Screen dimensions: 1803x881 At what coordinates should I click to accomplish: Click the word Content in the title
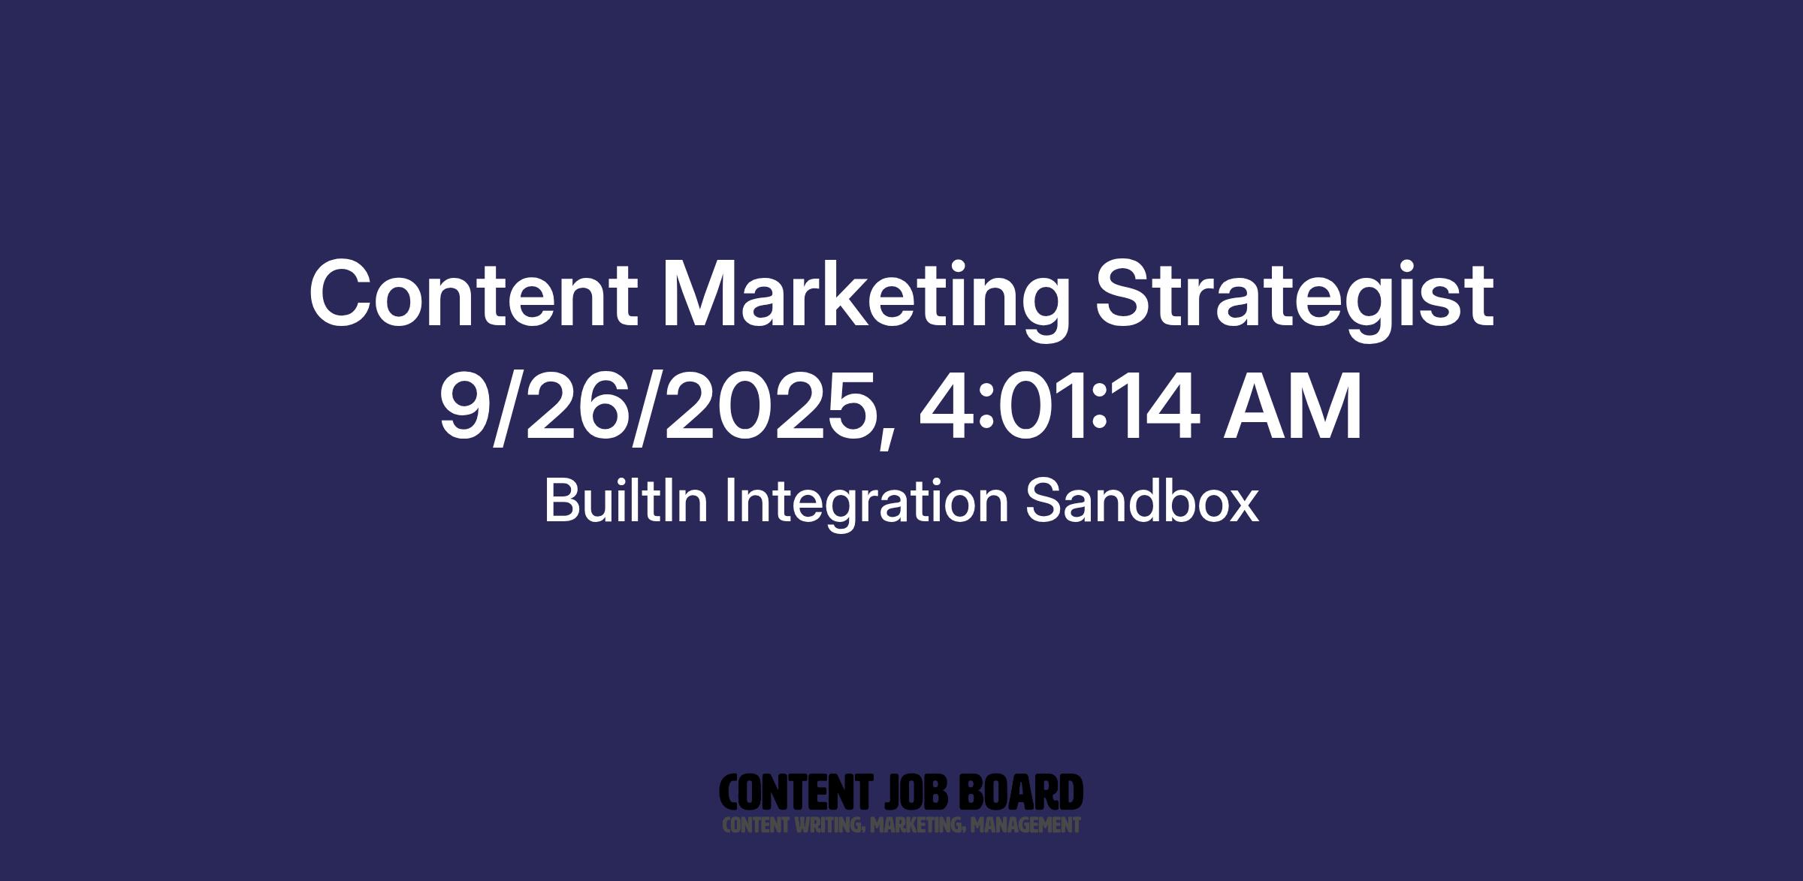(x=473, y=294)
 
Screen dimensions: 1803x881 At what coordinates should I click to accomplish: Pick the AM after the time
(x=1292, y=406)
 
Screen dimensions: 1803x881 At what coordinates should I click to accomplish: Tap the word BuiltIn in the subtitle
(x=626, y=501)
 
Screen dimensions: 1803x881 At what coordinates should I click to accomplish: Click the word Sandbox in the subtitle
(x=1142, y=501)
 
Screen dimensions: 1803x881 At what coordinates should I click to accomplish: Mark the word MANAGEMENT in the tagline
(x=1025, y=825)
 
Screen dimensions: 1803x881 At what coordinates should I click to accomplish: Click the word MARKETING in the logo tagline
(x=917, y=825)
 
